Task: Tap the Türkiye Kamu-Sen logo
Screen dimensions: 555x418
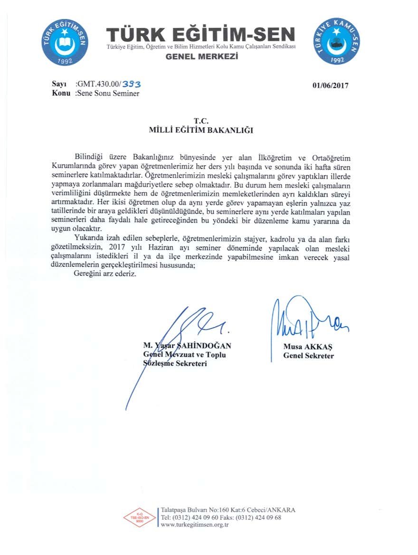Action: pyautogui.click(x=337, y=42)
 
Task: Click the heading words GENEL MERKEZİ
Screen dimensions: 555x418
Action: pyautogui.click(x=201, y=57)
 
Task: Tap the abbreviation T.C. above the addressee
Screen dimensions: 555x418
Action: pyautogui.click(x=201, y=122)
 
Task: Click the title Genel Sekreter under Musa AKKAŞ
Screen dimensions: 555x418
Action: pyautogui.click(x=308, y=356)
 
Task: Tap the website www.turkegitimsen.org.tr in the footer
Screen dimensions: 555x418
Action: pyautogui.click(x=195, y=525)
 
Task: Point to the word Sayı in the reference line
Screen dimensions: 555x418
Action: pyautogui.click(x=58, y=85)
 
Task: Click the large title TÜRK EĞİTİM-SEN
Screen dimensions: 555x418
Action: pyautogui.click(x=201, y=35)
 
